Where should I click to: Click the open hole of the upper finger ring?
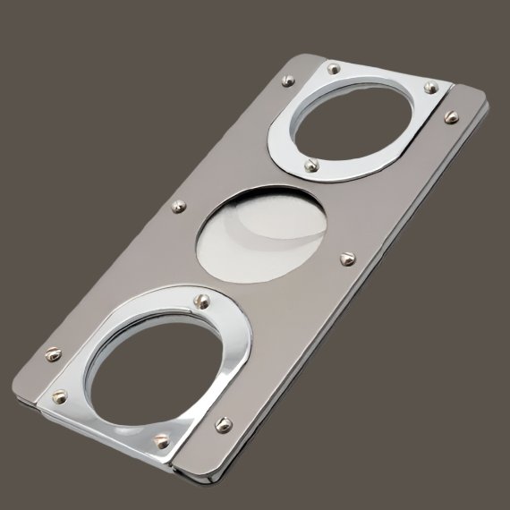pos(353,125)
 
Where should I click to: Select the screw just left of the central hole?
pos(178,207)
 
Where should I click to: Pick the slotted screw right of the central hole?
pos(347,259)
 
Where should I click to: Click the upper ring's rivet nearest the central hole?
pos(310,166)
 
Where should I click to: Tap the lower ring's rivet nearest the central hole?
pos(202,301)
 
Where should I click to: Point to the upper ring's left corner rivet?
pos(334,68)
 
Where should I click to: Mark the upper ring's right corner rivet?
pos(430,88)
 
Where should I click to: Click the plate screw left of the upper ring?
pos(287,80)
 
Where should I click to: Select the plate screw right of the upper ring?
pos(451,116)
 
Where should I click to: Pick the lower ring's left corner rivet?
pos(60,395)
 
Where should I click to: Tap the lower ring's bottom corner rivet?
pos(162,440)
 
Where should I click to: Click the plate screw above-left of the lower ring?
pos(53,354)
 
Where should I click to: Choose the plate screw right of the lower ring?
pos(224,423)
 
